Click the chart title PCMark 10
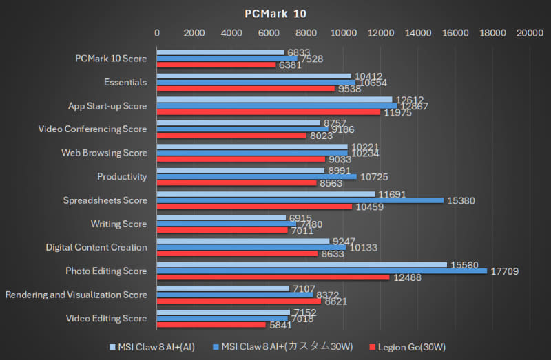[275, 13]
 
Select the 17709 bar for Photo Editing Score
[322, 271]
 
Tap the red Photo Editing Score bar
[273, 277]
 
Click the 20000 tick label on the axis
[530, 32]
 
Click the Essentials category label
[125, 82]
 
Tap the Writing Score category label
[118, 224]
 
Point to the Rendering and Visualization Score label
[76, 295]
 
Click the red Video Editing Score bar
[211, 325]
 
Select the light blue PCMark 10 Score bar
[220, 52]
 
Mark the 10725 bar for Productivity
[256, 176]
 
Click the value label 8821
[337, 301]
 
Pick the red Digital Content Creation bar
[237, 254]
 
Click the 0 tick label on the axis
[157, 32]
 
